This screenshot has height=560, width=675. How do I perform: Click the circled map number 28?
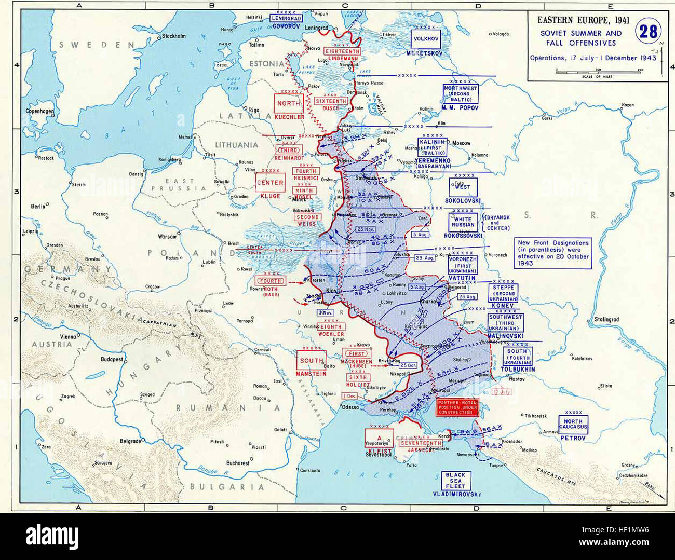647,32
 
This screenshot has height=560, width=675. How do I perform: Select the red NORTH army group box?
288,104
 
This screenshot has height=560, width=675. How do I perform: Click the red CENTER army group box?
270,183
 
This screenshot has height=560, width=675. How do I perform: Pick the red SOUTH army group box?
311,360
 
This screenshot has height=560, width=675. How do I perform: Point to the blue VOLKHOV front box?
425,39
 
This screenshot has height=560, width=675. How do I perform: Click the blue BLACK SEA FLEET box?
455,481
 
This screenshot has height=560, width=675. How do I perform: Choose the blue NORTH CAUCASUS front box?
573,425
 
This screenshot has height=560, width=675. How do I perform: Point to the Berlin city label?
38,206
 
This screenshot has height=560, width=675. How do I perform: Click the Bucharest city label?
238,463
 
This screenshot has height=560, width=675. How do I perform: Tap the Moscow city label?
461,143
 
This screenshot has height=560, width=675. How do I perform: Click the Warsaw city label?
167,236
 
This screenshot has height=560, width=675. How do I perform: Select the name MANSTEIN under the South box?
311,374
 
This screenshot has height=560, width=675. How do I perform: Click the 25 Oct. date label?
408,365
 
